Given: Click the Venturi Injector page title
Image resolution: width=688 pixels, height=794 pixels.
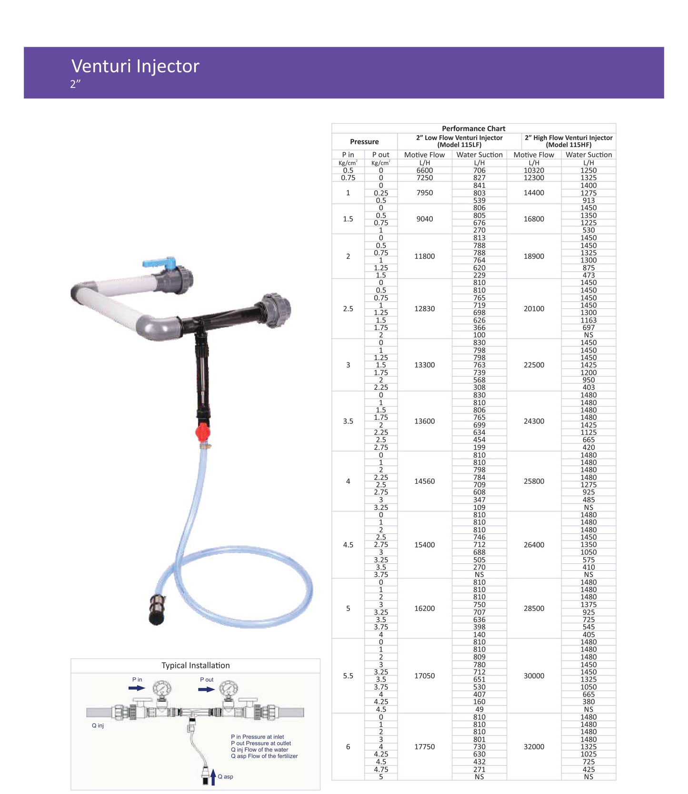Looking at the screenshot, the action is click(135, 66).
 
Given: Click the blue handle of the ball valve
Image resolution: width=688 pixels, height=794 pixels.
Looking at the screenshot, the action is click(159, 262).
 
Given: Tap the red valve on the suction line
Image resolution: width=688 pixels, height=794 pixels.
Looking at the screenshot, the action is click(202, 432).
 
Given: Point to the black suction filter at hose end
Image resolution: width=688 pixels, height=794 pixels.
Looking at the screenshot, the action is click(158, 610).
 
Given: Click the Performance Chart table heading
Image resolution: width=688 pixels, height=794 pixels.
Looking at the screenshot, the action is click(473, 128).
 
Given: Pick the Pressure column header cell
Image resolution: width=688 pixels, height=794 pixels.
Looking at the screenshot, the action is click(364, 142).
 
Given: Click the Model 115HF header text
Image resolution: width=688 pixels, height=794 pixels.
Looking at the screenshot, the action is click(568, 145).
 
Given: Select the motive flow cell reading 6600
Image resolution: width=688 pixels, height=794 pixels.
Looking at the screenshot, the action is click(425, 170).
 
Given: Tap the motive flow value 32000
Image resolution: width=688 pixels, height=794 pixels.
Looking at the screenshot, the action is click(534, 747).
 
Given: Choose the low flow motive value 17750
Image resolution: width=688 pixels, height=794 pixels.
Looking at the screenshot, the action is click(425, 747).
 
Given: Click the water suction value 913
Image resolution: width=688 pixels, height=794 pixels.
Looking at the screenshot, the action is click(588, 200).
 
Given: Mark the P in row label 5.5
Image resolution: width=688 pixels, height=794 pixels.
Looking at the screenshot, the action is click(348, 676).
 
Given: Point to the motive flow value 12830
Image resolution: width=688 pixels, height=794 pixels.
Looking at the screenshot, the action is click(425, 309).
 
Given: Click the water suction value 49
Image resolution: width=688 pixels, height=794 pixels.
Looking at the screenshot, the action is click(479, 709).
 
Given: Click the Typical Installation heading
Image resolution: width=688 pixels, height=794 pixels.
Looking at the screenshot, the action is click(196, 666).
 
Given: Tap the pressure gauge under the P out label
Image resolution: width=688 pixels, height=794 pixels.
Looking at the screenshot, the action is click(229, 688).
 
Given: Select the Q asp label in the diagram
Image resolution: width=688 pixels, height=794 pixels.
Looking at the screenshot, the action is click(225, 776).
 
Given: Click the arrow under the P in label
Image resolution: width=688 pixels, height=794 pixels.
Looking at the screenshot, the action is click(137, 688).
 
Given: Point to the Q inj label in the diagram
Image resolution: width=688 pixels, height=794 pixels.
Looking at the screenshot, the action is click(98, 725).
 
